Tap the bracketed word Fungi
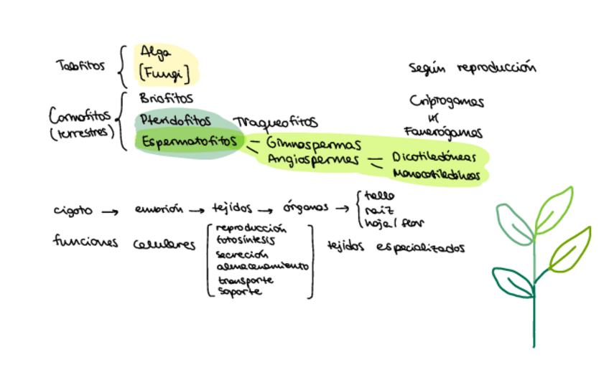click(x=166, y=73)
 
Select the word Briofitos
click(x=167, y=98)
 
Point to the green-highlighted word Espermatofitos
click(x=189, y=141)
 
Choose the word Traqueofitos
click(x=275, y=123)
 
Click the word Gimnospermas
click(x=313, y=144)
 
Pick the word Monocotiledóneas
click(x=437, y=174)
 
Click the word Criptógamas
click(x=446, y=101)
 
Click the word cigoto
click(x=73, y=211)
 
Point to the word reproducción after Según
click(x=496, y=69)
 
